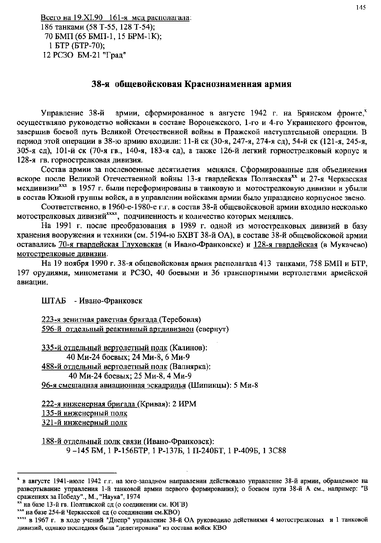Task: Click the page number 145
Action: (x=361, y=7)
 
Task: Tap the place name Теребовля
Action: (x=181, y=320)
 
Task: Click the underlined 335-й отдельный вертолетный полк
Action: (x=104, y=348)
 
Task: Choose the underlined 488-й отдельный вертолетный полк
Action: (x=104, y=367)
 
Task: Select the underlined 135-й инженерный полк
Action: (x=84, y=414)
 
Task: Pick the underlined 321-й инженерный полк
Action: (x=84, y=423)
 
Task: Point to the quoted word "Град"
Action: (x=117, y=55)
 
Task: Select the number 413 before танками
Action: (x=265, y=263)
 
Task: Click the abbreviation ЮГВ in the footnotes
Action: (x=180, y=504)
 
